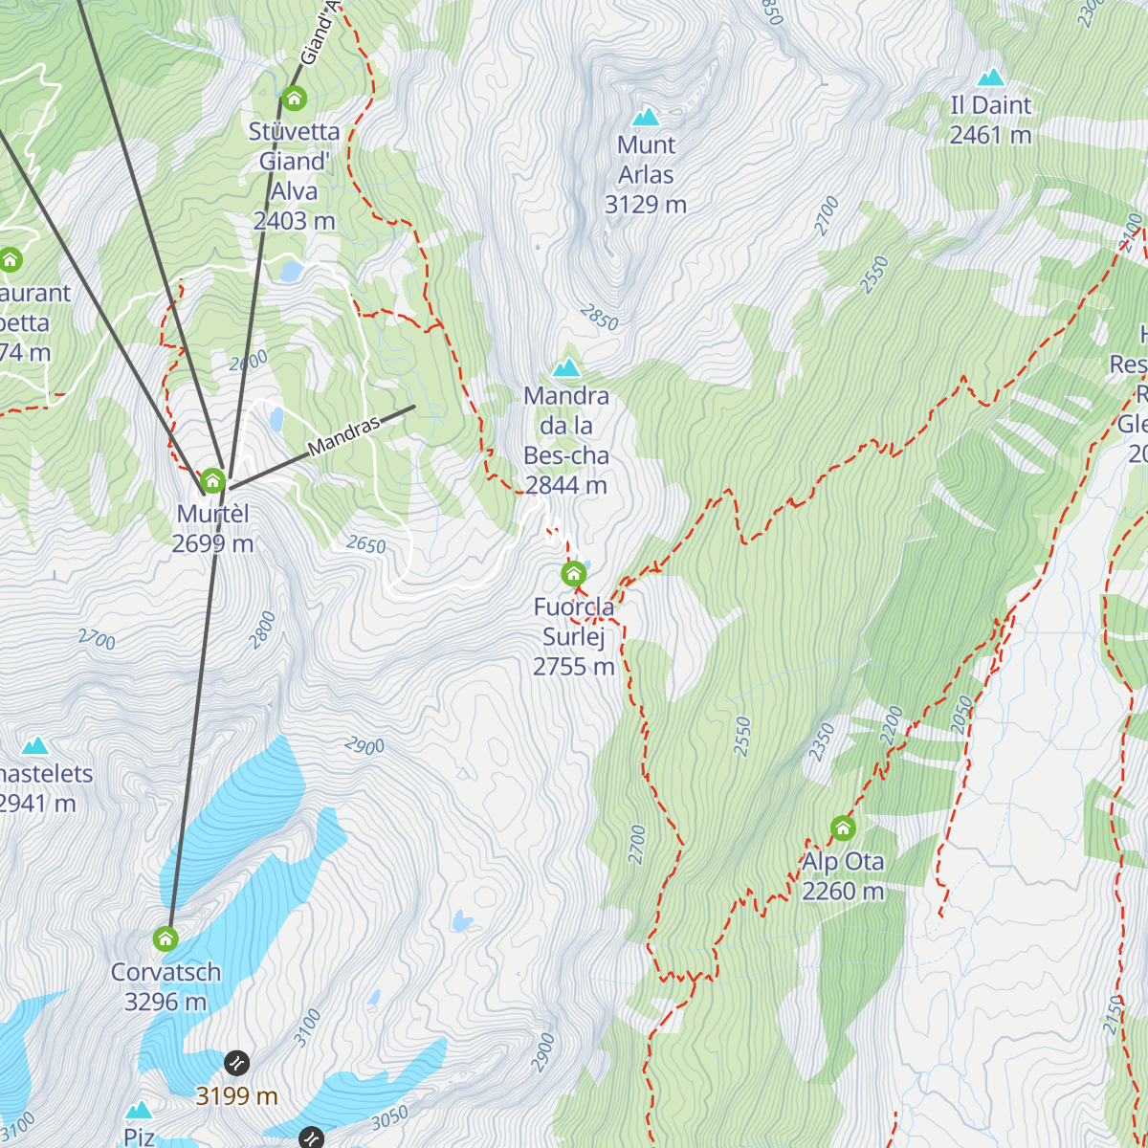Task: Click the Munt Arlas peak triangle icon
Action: (646, 118)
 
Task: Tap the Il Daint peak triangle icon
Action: (991, 77)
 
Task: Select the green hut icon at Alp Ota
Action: (843, 828)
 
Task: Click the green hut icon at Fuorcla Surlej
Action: (573, 574)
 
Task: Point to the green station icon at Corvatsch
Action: (166, 938)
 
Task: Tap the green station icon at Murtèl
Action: (212, 480)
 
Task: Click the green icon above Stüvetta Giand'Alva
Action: (294, 98)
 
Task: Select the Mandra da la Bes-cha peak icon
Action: (566, 368)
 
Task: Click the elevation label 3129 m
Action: (646, 205)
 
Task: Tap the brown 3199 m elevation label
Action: (236, 1096)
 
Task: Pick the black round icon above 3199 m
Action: (236, 1063)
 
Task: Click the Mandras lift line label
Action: (343, 436)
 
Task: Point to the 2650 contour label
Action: (365, 545)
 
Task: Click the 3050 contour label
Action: (389, 1116)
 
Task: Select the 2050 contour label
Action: (962, 715)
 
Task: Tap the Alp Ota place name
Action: (843, 862)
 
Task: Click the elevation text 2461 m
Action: (990, 136)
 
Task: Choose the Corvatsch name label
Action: (166, 972)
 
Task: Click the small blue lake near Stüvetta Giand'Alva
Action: (291, 271)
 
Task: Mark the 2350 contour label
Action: (821, 742)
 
